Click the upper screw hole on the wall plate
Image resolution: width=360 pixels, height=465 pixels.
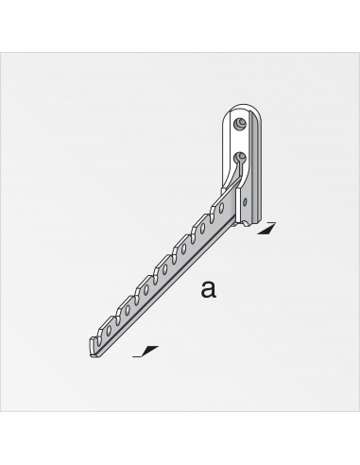pos(239,122)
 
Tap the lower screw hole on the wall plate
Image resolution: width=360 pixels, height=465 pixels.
pos(240,156)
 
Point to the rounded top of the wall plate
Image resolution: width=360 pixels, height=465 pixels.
pos(242,106)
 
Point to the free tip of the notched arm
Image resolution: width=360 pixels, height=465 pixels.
pos(94,341)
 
